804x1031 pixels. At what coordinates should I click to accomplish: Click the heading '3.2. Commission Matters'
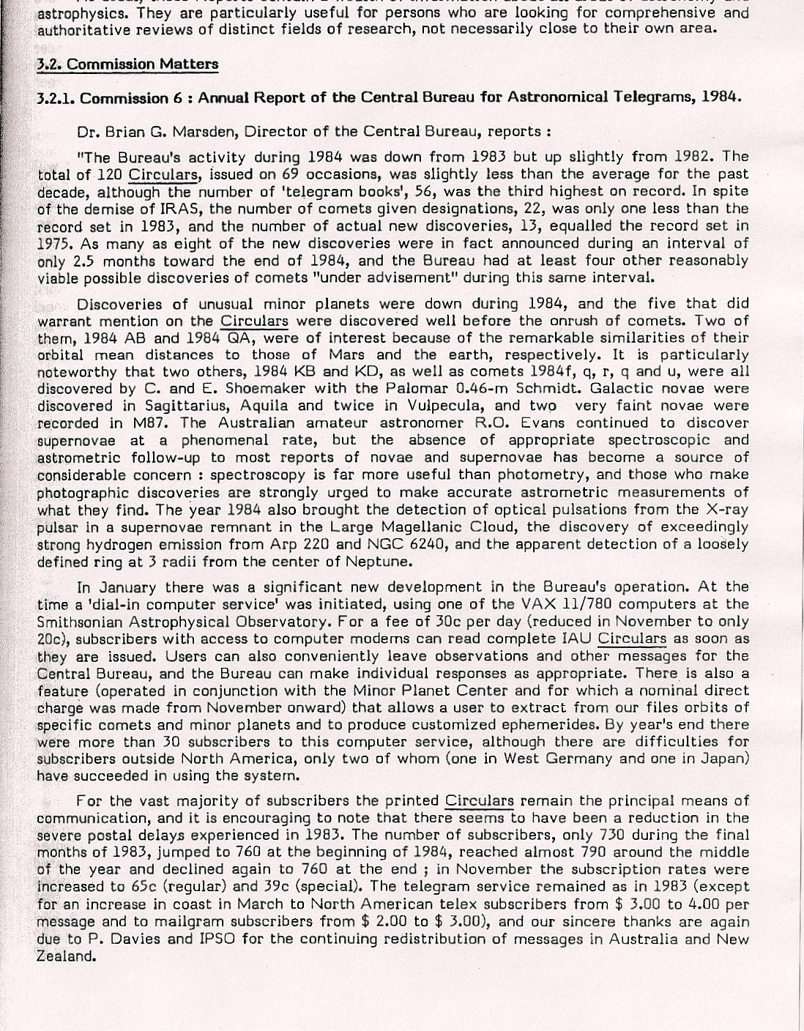pos(127,64)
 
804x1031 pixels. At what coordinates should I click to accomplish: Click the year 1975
pos(56,243)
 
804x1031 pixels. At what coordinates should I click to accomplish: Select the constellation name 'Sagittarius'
pos(204,406)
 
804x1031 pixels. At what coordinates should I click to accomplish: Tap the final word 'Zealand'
pos(67,956)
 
